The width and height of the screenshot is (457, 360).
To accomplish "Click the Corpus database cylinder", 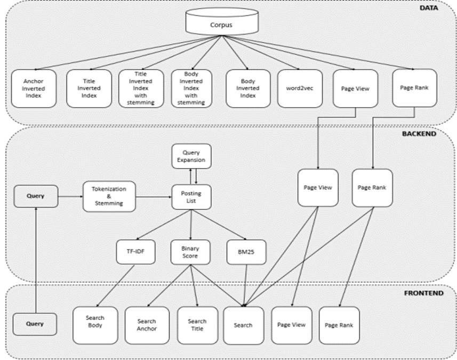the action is (x=222, y=21).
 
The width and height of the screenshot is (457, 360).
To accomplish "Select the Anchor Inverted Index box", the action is (x=34, y=89).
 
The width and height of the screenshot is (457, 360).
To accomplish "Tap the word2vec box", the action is (x=300, y=89).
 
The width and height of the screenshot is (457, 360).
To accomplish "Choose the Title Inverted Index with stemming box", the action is (x=141, y=89).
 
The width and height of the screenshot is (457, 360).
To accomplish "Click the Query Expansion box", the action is (x=191, y=156).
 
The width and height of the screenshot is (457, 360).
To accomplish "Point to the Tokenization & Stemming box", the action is (x=109, y=196).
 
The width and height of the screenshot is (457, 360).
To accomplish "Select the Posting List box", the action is (x=191, y=197).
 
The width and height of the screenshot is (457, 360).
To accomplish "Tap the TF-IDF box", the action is (x=135, y=252).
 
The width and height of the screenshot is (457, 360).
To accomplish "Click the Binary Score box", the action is (x=190, y=252).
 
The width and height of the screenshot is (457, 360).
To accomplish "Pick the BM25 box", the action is (x=246, y=252).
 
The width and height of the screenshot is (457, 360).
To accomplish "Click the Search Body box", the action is (x=95, y=325).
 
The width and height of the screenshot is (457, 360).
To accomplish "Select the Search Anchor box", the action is (x=147, y=325).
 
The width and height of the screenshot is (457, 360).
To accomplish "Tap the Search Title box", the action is (x=197, y=325).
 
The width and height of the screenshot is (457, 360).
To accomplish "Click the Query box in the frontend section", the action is (x=35, y=324).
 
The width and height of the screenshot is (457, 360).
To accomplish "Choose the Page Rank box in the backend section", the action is (x=372, y=188).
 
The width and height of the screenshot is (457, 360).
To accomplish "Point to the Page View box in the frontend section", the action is (x=292, y=325).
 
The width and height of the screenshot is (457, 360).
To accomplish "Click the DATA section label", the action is (x=429, y=8).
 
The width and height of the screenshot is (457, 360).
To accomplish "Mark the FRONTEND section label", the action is (x=424, y=293).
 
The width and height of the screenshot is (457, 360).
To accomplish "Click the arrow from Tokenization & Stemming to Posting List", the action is (x=154, y=197).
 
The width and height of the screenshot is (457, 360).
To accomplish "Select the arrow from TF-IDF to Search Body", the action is (x=115, y=286).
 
